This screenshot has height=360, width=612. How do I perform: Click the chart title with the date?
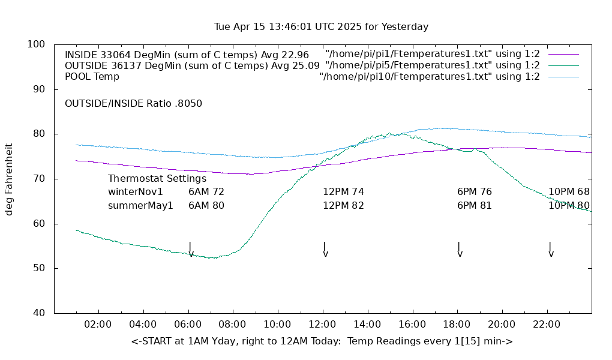coord(321,27)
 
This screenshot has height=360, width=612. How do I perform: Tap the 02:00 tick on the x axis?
coord(98,324)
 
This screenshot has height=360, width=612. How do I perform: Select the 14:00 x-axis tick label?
coord(367,324)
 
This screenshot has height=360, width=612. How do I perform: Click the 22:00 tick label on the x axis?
coord(547,324)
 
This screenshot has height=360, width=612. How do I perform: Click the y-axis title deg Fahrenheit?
coord(9,179)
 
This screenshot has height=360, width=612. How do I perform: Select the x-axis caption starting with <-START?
coord(322,341)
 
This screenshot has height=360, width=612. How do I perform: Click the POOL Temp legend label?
coord(92,77)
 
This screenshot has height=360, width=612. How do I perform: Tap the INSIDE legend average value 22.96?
coord(296,55)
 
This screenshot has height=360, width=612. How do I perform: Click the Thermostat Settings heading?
coord(157,179)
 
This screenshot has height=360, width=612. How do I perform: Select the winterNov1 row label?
coord(136,192)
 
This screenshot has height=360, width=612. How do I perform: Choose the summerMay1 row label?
coord(140,205)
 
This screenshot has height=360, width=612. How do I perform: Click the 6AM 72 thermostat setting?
coord(206,192)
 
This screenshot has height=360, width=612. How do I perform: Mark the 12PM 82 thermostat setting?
coord(343,205)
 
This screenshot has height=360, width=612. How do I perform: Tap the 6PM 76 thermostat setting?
coord(475,192)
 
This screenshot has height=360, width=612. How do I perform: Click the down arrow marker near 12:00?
coord(325,250)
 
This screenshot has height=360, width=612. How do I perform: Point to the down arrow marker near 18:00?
coord(459,250)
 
